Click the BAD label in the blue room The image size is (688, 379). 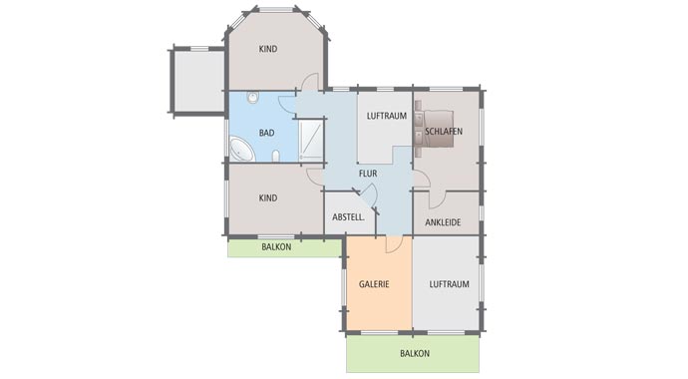[266, 133]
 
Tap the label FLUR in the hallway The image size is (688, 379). [368, 172]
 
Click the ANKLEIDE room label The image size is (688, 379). [443, 221]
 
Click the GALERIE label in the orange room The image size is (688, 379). [374, 284]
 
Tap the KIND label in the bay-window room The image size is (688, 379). [267, 49]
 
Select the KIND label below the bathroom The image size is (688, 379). [267, 198]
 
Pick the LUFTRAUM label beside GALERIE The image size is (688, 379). [449, 284]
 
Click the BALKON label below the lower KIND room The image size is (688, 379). [276, 246]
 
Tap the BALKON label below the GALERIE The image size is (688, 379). [414, 354]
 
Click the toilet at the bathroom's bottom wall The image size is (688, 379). [274, 157]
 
